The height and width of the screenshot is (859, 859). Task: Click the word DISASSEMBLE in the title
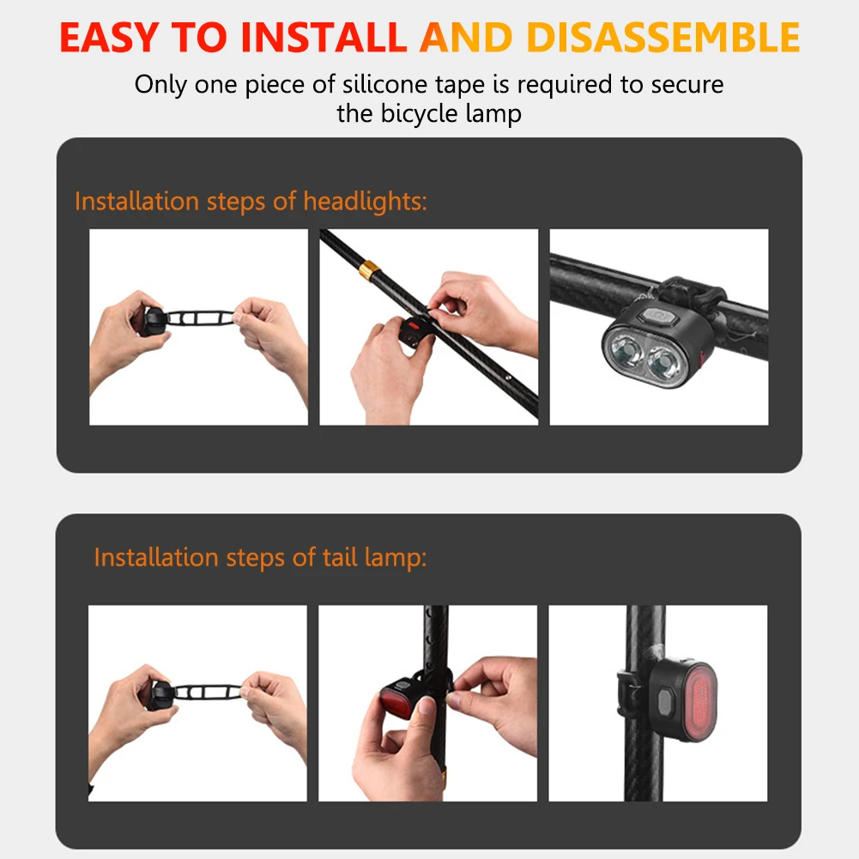coord(662,37)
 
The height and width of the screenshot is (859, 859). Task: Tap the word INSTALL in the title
coord(324,37)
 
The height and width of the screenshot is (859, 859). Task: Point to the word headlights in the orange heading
coord(365,202)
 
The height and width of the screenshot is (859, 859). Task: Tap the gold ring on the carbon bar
coord(369,270)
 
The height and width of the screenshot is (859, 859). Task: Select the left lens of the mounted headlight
coord(624,349)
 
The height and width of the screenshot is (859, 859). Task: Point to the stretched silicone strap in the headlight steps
coord(200,318)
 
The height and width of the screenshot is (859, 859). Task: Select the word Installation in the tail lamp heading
coord(156,557)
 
